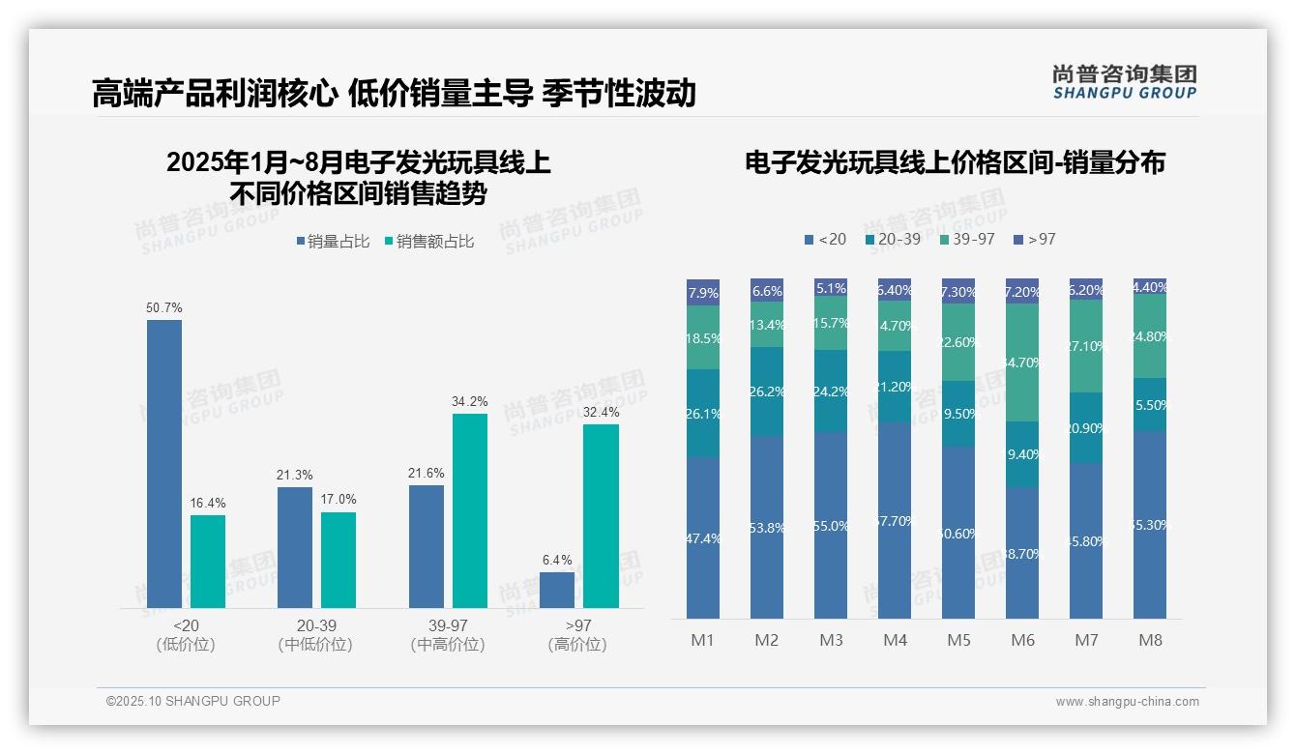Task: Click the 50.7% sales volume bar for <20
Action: [x=164, y=464]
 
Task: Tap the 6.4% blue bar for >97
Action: [x=557, y=590]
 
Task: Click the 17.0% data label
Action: [x=339, y=500]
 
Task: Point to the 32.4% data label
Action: [x=601, y=412]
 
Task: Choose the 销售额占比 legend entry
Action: [x=429, y=242]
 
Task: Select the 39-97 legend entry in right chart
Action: [x=966, y=239]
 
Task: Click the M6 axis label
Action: [x=1022, y=640]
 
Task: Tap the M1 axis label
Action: [x=702, y=640]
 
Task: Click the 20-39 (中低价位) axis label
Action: [x=315, y=635]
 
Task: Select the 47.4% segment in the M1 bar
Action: [x=703, y=537]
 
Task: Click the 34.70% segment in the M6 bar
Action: [x=1022, y=362]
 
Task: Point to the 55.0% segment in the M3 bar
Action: [x=831, y=525]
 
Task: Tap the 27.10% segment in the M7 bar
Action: [x=1086, y=346]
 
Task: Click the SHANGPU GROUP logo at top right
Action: [x=1124, y=82]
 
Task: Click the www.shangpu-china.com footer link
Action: [x=1127, y=702]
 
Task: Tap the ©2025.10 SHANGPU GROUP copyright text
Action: [x=193, y=701]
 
